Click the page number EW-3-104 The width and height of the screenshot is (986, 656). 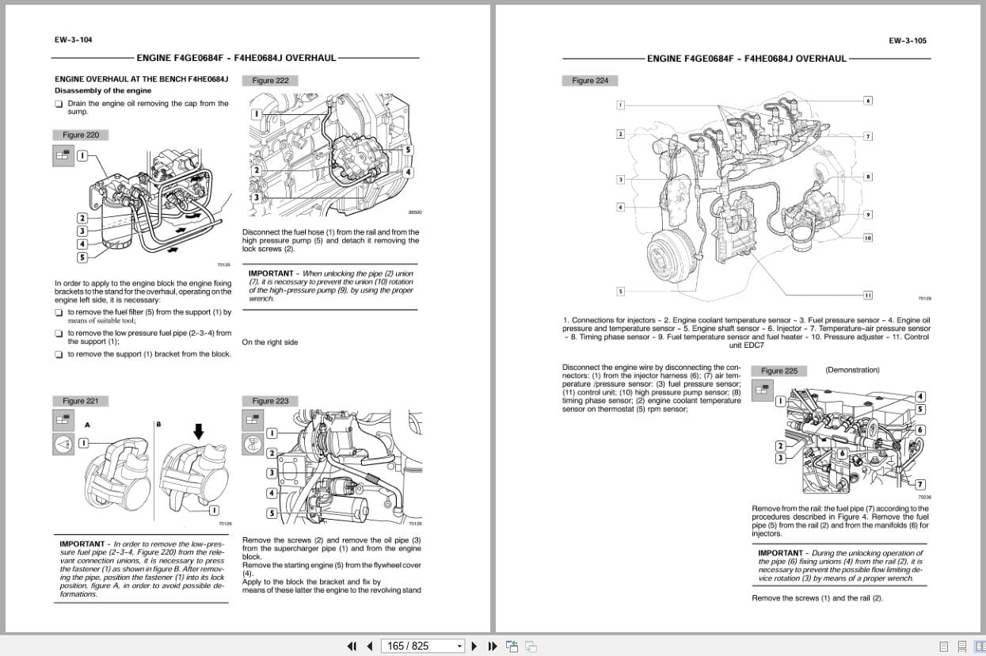click(x=73, y=40)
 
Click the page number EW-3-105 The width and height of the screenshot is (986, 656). click(x=908, y=40)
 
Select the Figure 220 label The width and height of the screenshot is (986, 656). click(x=81, y=135)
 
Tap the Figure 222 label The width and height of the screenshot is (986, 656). click(x=270, y=80)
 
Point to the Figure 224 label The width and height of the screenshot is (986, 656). click(x=590, y=80)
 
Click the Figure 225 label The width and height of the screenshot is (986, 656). click(x=779, y=371)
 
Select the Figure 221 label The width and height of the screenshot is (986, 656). click(x=81, y=401)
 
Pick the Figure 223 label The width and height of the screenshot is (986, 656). click(x=270, y=401)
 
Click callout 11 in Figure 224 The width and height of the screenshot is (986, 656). click(x=868, y=295)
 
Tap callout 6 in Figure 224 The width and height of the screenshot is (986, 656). click(x=868, y=101)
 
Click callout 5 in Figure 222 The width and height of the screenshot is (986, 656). click(x=408, y=150)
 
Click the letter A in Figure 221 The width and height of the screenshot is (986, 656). click(x=87, y=425)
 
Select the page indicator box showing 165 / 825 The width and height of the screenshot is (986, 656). click(x=422, y=646)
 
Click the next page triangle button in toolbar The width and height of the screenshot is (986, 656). click(x=474, y=646)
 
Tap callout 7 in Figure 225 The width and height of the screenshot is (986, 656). click(x=919, y=484)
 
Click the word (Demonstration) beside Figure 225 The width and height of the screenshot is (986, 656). click(x=852, y=370)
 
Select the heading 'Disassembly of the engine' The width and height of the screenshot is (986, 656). click(x=103, y=90)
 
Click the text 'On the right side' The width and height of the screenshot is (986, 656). click(x=270, y=342)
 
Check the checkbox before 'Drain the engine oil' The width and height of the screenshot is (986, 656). click(x=59, y=104)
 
